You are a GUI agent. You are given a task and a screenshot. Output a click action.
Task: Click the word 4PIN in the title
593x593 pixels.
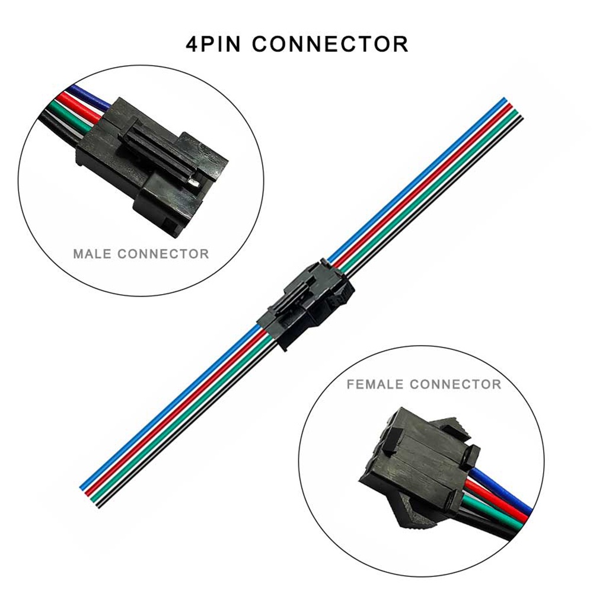click(213, 44)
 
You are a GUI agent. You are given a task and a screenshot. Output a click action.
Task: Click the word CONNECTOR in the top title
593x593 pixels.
click(330, 44)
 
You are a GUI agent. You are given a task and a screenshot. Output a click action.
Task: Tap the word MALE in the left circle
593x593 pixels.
click(92, 253)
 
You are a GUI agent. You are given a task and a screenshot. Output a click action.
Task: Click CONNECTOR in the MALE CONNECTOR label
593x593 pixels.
click(164, 253)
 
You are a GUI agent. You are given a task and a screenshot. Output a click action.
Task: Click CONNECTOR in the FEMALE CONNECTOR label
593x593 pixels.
click(455, 384)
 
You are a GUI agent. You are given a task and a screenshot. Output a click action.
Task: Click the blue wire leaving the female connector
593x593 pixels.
click(503, 489)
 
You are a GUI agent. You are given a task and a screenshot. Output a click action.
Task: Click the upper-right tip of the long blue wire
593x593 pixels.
click(505, 99)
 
